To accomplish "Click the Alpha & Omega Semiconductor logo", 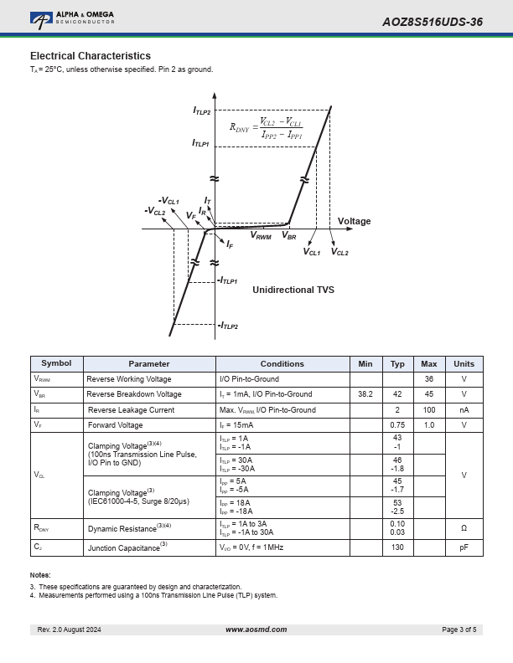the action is coord(72,20).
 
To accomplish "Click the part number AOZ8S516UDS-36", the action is coord(433,22).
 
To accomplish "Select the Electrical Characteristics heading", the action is coord(91,56).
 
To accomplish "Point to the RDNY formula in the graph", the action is coord(266,128).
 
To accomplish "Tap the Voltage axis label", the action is coord(354,221).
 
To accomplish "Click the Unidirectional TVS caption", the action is coord(293,290).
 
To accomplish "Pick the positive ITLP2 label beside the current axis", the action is coord(201,110).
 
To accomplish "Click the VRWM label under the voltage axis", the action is coord(261,235).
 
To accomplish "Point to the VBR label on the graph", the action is coord(289,235).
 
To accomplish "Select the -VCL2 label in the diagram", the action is coord(155,211).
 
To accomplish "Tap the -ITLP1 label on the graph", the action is coord(227,280).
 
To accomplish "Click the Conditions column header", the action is coord(282,363).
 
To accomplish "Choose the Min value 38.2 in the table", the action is coord(365,394).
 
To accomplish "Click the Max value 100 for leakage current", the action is coord(429,409).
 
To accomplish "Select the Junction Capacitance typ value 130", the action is coord(397,547).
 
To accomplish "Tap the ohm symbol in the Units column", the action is coord(464,528).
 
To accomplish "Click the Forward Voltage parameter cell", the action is coord(115,425).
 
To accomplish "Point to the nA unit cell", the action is coord(464,409).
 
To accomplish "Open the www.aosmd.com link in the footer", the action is coord(256,630).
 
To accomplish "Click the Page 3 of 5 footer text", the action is coord(459,630).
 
